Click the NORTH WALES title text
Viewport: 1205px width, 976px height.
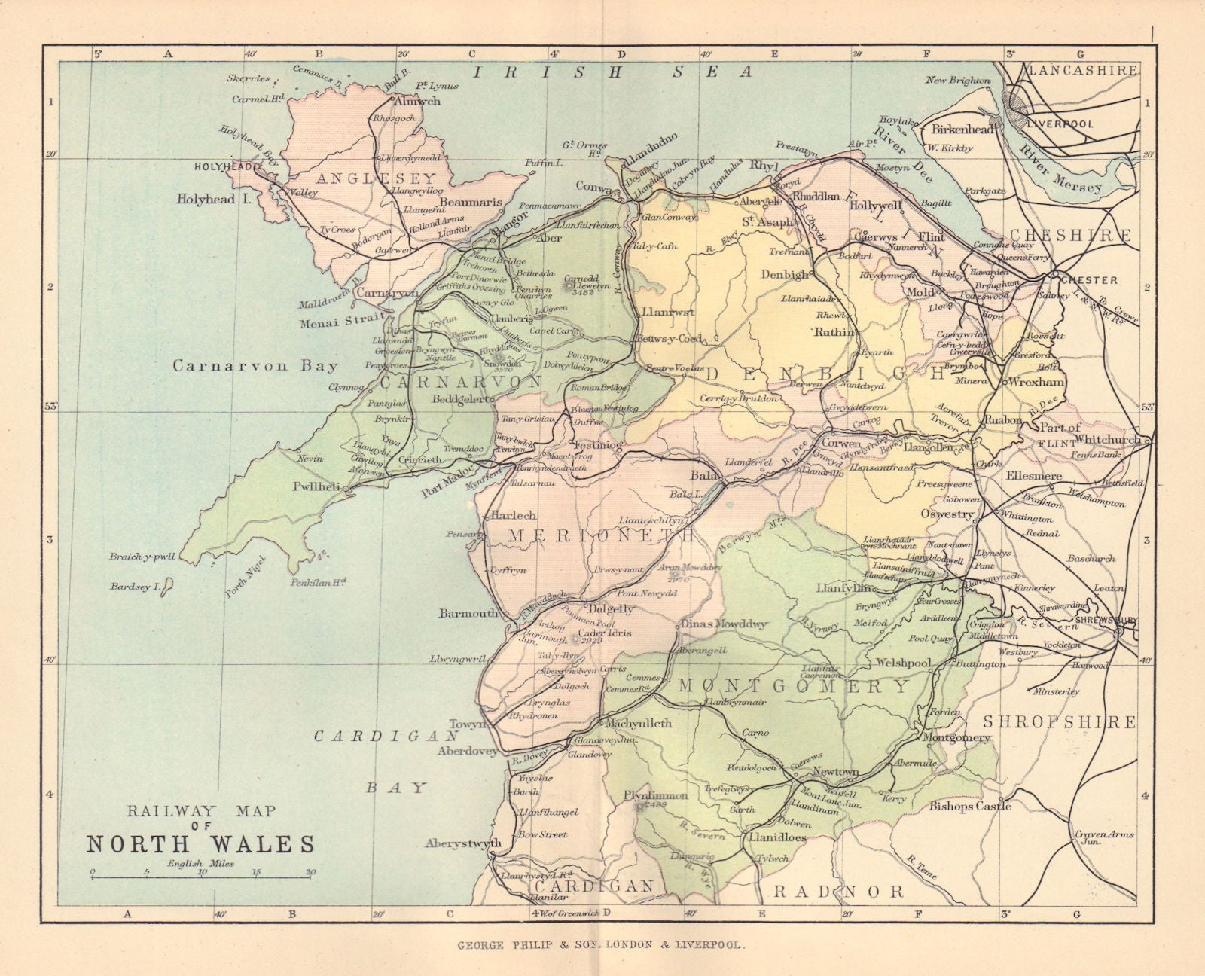[x=200, y=843]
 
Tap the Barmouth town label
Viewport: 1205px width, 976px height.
[x=468, y=613]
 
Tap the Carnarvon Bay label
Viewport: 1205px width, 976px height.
[x=255, y=366]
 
